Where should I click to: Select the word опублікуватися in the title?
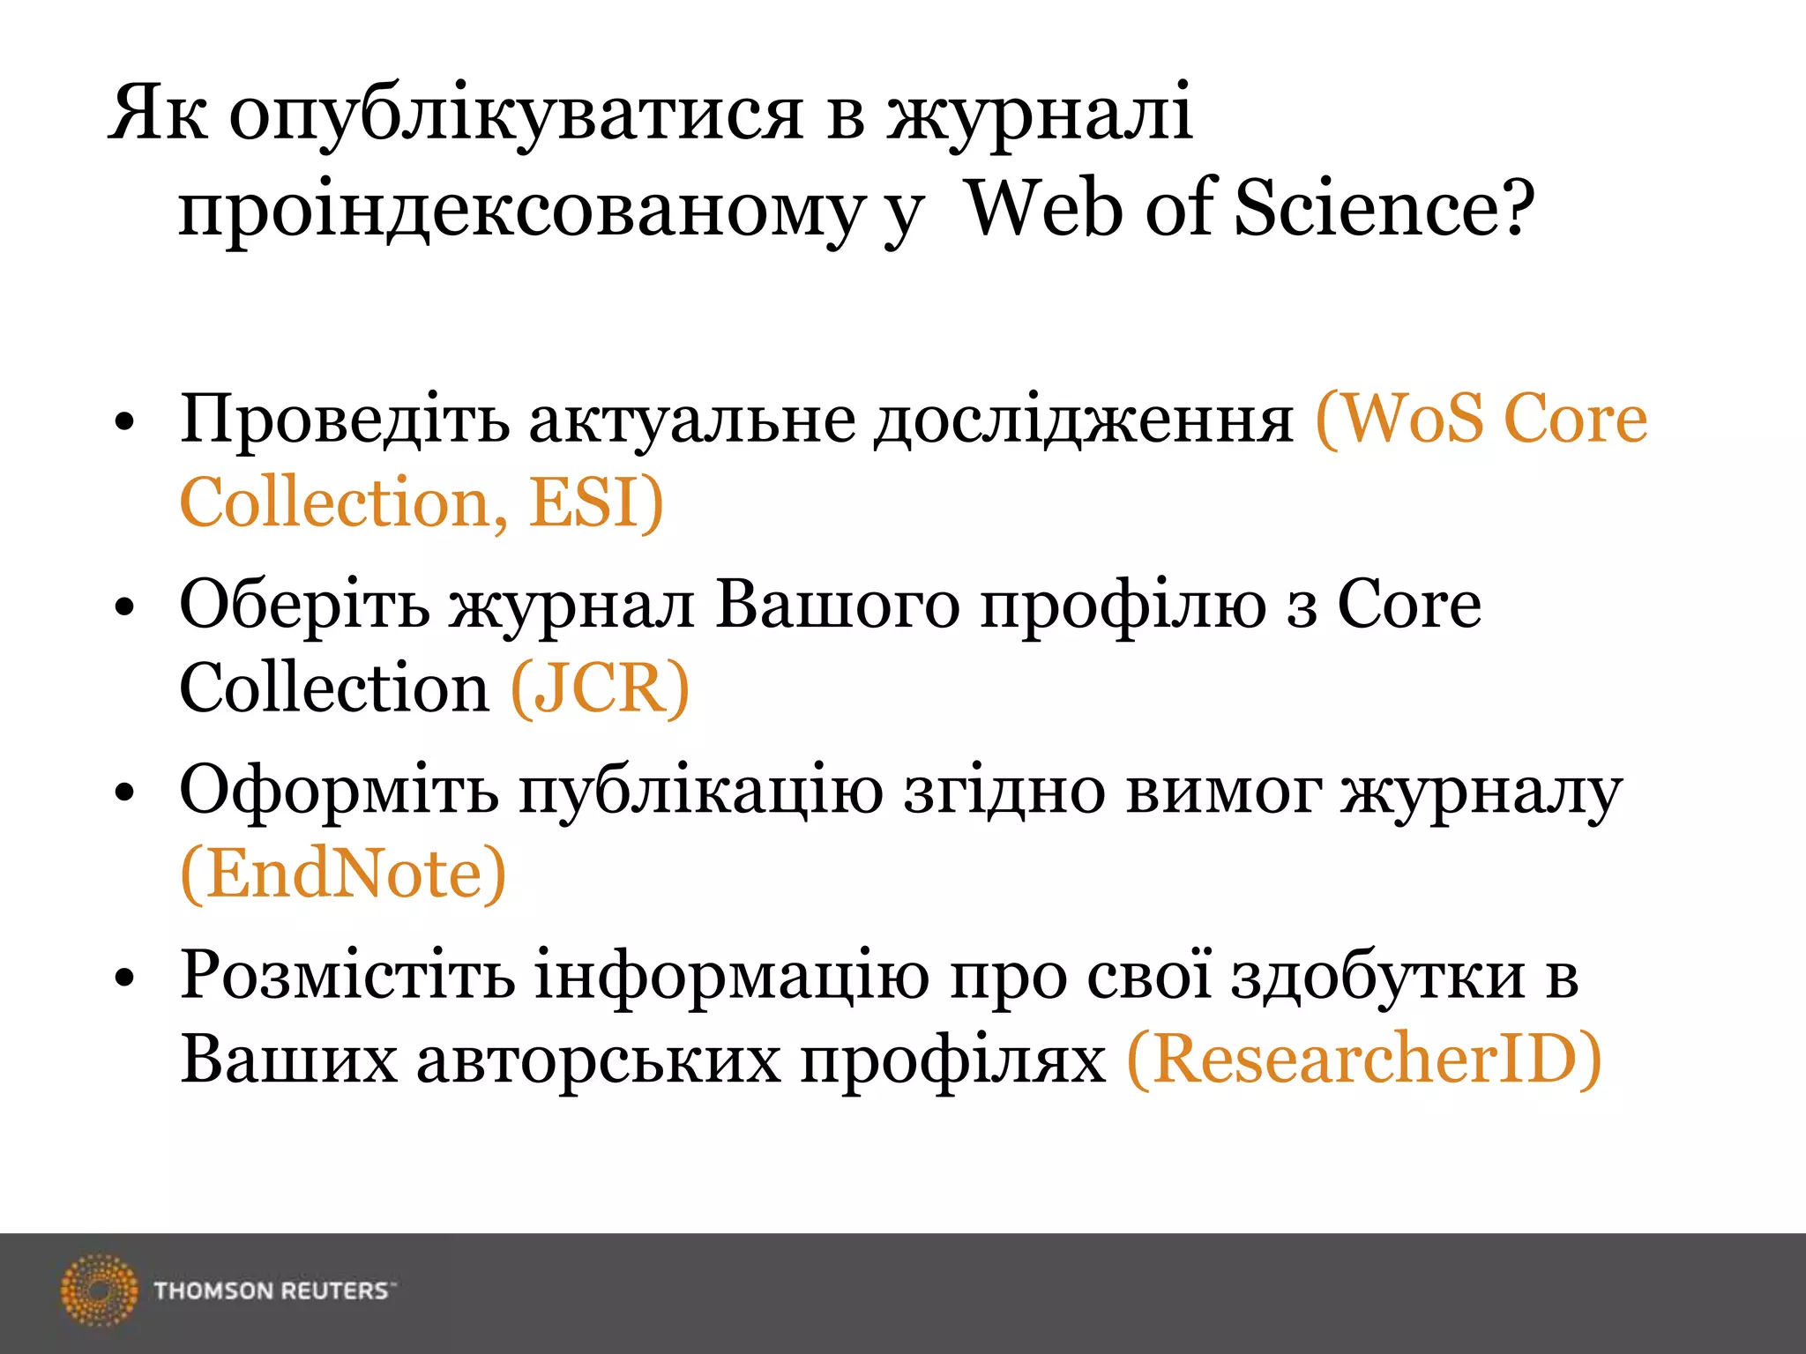point(516,115)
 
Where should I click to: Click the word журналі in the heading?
point(1041,115)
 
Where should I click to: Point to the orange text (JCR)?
point(600,688)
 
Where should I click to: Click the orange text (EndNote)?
point(343,874)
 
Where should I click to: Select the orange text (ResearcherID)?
point(1364,1059)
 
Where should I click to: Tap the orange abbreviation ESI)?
point(596,502)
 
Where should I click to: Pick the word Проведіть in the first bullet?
point(344,418)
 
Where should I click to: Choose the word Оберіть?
point(305,606)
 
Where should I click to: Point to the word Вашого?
point(837,606)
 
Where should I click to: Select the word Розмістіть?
point(347,976)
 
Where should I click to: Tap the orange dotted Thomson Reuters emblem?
point(99,1290)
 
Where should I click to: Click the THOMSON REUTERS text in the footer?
point(272,1291)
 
